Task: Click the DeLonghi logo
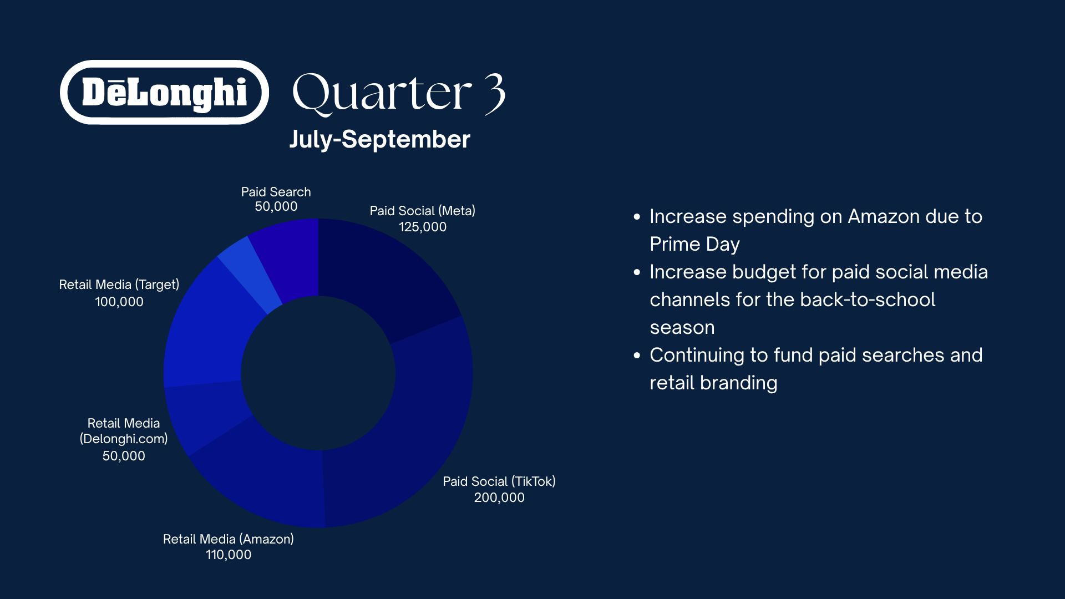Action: (x=164, y=92)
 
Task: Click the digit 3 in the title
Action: (x=495, y=94)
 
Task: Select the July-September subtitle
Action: (x=380, y=139)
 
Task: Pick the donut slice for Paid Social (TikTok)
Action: (x=422, y=422)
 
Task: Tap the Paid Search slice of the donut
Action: (x=288, y=258)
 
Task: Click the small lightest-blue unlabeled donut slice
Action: (x=250, y=275)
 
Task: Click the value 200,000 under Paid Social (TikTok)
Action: (x=499, y=498)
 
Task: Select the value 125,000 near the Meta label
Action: (x=423, y=227)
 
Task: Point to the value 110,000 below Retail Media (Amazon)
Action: (x=229, y=555)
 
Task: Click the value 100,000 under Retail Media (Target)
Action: (x=119, y=302)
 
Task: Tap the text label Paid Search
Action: (x=276, y=192)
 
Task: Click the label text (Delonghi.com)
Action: (x=124, y=439)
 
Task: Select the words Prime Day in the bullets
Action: (x=694, y=245)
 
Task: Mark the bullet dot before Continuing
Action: (x=637, y=355)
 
